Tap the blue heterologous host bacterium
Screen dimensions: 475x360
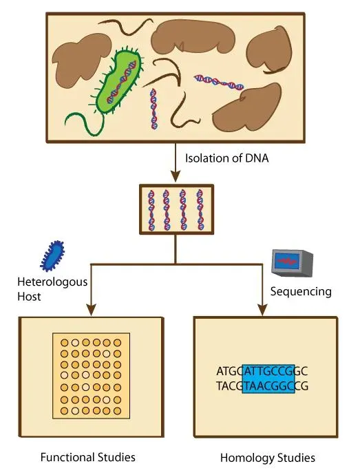[x=52, y=255]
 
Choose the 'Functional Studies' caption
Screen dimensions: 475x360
[x=87, y=457]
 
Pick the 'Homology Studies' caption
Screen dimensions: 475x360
[x=268, y=457]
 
